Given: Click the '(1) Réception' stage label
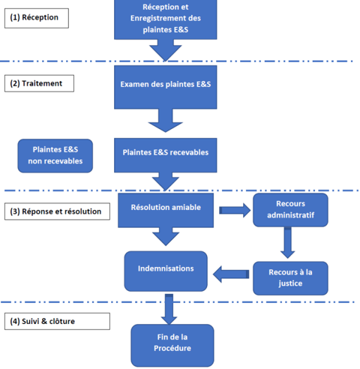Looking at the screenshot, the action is (37, 18).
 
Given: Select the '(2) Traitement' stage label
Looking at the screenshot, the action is (39, 83).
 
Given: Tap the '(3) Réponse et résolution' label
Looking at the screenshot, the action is (57, 211).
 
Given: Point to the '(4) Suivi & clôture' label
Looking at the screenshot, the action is (57, 321).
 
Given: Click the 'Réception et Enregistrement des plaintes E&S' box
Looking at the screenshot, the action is (166, 19).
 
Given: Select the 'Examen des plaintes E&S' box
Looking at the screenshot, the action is (166, 87).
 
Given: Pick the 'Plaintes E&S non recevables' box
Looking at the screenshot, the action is (55, 156).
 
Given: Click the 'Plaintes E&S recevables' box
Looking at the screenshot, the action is (166, 155).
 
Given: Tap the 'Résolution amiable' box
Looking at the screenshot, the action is (166, 210).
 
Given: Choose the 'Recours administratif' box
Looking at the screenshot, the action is (290, 210).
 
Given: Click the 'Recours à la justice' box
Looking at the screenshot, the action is (290, 278).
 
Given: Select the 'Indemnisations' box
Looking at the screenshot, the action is (166, 271).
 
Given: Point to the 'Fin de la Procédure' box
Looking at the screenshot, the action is (172, 346).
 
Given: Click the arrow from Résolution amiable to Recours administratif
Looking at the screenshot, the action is (235, 211).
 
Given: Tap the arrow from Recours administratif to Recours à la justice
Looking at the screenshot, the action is (288, 242).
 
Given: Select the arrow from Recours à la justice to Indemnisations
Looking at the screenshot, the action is (231, 274).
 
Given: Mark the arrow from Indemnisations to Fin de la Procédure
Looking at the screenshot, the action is (169, 309).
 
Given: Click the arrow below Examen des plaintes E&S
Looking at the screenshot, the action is (166, 121).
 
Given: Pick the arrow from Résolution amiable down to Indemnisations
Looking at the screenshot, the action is (166, 236).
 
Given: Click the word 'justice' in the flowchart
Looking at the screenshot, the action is (290, 283).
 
